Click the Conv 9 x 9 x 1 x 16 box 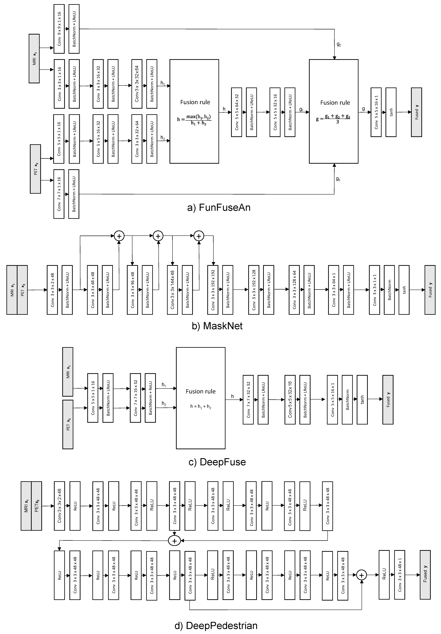click(x=59, y=29)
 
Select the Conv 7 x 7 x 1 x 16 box click(x=59, y=194)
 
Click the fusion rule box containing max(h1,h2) click(x=194, y=111)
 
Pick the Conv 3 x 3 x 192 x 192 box click(x=213, y=290)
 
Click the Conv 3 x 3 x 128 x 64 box click(x=294, y=290)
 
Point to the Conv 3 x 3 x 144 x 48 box click(x=172, y=290)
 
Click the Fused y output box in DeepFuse click(x=388, y=399)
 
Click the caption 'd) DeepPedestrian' click(x=216, y=625)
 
